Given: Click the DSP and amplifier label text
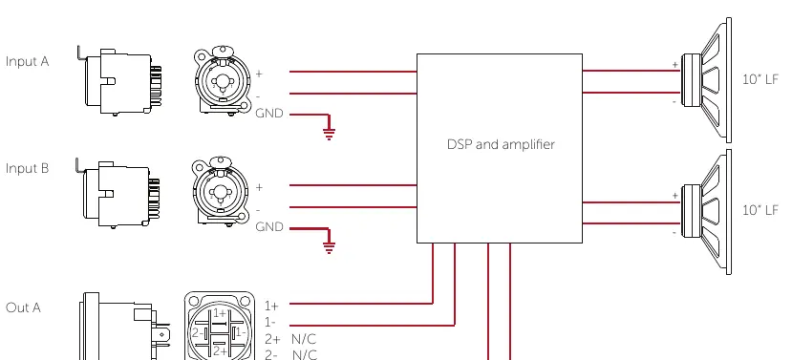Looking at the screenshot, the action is click(501, 145).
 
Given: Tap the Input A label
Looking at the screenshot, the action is click(28, 62).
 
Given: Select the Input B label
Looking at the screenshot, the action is click(28, 168).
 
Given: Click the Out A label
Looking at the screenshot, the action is click(23, 307).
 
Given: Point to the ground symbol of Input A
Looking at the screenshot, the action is click(329, 134).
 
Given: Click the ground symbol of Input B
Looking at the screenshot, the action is click(329, 247).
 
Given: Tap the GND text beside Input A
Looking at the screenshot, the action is click(269, 114).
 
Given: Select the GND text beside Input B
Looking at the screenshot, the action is click(269, 227).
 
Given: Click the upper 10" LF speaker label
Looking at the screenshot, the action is click(760, 79).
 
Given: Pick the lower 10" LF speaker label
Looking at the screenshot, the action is click(760, 210).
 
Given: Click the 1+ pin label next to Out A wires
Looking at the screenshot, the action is click(271, 306).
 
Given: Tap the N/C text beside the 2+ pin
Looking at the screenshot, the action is click(304, 339).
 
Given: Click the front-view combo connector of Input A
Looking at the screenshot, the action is click(224, 81).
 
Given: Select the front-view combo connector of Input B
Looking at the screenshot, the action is click(222, 192).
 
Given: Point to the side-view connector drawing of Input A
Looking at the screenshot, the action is click(120, 81).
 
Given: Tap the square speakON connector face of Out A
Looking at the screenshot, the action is click(219, 326).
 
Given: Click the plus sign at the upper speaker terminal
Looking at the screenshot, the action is click(674, 65).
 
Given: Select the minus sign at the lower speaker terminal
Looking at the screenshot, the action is click(674, 233).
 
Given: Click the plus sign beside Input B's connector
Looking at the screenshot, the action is click(259, 187).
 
